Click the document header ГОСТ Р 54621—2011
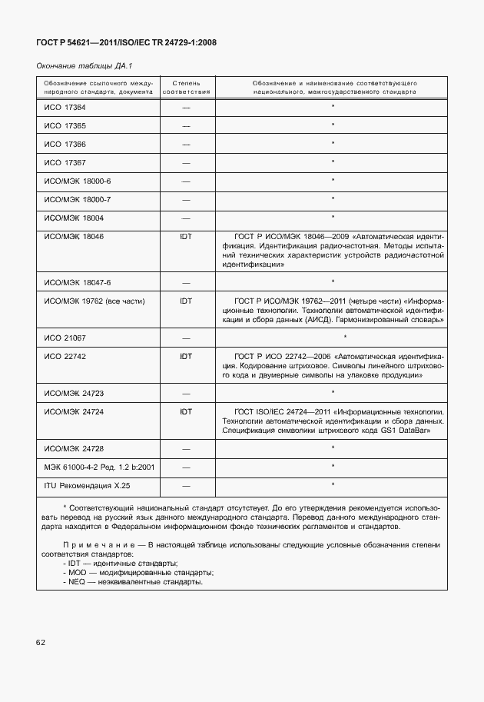(126, 43)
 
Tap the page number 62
(41, 641)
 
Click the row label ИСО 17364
(65, 106)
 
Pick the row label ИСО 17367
(65, 162)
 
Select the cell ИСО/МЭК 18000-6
(78, 181)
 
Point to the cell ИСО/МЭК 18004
(75, 218)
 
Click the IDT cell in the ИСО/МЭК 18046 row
(186, 237)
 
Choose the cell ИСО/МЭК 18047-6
(78, 282)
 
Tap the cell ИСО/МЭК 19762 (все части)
(94, 301)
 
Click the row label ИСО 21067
(65, 338)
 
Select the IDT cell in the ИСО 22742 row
(186, 356)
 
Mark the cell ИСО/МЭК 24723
(75, 393)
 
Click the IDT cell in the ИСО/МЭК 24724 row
(186, 411)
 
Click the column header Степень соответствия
(186, 85)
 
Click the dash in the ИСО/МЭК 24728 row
(186, 447)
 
